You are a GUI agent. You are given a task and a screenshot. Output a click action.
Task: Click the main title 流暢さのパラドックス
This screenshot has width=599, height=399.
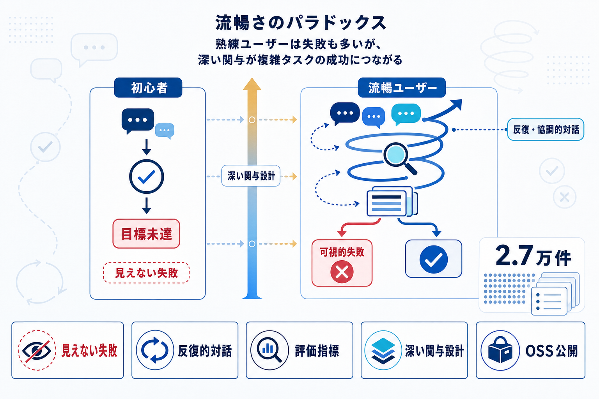click(300, 23)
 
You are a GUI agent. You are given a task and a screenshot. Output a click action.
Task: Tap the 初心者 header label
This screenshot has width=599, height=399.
click(148, 88)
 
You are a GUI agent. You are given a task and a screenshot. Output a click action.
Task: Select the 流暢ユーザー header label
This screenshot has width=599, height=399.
click(402, 88)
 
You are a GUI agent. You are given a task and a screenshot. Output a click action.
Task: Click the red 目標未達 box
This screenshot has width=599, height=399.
click(146, 234)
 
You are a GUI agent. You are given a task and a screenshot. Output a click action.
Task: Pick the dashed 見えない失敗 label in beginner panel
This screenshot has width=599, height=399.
click(146, 273)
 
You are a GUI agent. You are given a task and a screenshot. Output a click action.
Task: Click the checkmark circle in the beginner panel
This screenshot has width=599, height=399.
click(146, 177)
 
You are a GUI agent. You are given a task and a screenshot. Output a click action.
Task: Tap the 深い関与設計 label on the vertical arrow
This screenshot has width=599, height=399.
click(251, 176)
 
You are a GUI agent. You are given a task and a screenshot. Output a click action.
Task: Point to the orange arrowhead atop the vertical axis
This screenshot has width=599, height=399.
click(252, 84)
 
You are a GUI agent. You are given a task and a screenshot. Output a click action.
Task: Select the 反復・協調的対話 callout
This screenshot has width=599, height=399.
click(546, 129)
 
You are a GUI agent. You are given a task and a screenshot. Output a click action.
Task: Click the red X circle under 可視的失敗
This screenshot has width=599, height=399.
click(342, 272)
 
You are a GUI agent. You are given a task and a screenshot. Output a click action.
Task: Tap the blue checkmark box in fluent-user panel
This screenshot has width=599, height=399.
click(433, 259)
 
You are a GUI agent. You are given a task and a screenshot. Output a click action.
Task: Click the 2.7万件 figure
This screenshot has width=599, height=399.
click(533, 256)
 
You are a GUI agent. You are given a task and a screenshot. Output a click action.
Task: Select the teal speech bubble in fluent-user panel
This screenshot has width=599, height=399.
click(406, 114)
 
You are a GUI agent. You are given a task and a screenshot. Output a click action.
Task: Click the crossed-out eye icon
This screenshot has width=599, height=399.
click(37, 350)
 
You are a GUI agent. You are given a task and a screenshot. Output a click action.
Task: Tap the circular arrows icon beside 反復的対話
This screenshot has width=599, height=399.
click(154, 350)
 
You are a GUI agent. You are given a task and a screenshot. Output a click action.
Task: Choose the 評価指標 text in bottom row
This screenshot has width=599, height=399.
click(317, 351)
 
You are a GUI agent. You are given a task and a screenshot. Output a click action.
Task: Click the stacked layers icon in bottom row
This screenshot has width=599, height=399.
click(383, 350)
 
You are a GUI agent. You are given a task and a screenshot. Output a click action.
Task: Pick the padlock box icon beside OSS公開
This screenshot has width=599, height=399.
click(500, 350)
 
